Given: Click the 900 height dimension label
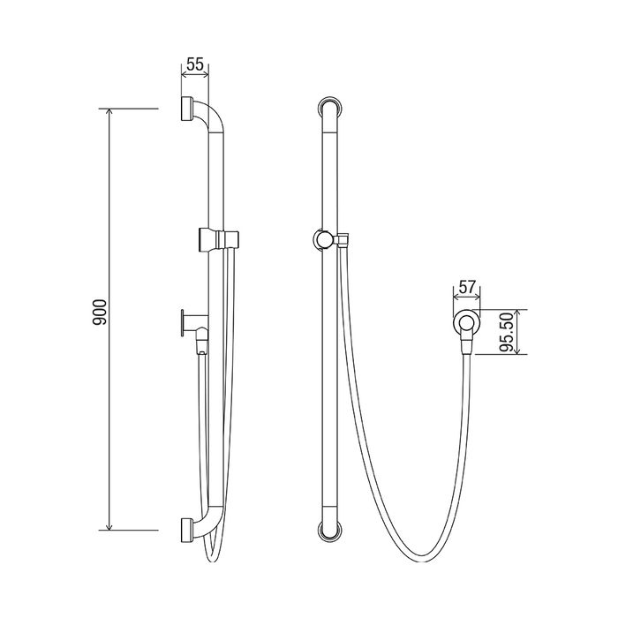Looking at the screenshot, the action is [100, 312].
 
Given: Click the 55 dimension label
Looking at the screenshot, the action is [195, 64].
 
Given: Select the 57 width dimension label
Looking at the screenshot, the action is [467, 287].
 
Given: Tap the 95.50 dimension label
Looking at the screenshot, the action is [506, 332].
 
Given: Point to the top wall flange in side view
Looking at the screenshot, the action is [187, 109].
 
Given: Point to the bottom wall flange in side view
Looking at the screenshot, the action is [187, 531].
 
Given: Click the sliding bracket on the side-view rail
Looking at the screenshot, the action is [219, 239].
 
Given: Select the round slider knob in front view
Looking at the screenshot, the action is [323, 239].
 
